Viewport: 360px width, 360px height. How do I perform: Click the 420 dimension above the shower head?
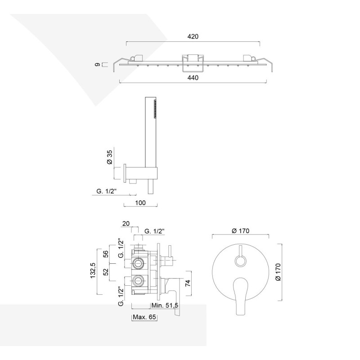pos(193,36)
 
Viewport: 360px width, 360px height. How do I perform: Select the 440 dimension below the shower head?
pos(193,77)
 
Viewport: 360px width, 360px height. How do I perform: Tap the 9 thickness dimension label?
pos(97,65)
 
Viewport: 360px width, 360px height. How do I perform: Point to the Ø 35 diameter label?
pos(109,157)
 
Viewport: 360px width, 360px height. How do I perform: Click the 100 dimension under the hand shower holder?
pos(140,203)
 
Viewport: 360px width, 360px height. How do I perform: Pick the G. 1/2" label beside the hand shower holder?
pos(107,192)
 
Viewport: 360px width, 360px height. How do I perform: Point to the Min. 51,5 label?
pos(165,305)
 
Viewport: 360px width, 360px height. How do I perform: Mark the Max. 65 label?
pos(144,318)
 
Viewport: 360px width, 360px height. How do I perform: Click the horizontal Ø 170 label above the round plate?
pos(240,231)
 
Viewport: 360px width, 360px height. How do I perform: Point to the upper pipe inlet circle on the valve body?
pos(138,262)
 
